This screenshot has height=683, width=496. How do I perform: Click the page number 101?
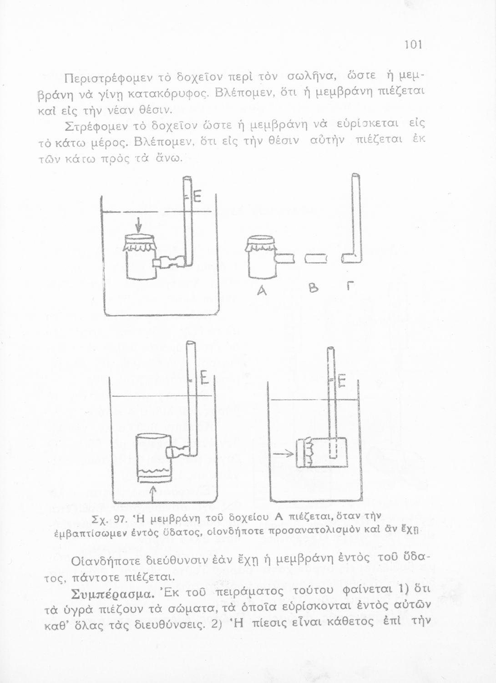click(x=414, y=45)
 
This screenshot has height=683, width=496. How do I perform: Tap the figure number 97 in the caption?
click(x=120, y=519)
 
